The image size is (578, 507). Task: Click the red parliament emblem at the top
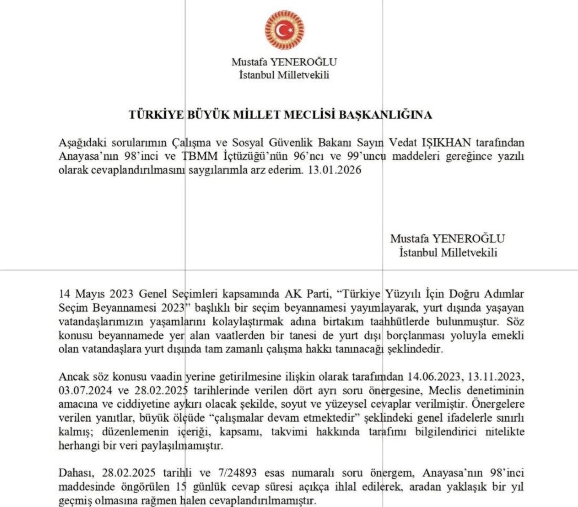click(284, 30)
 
